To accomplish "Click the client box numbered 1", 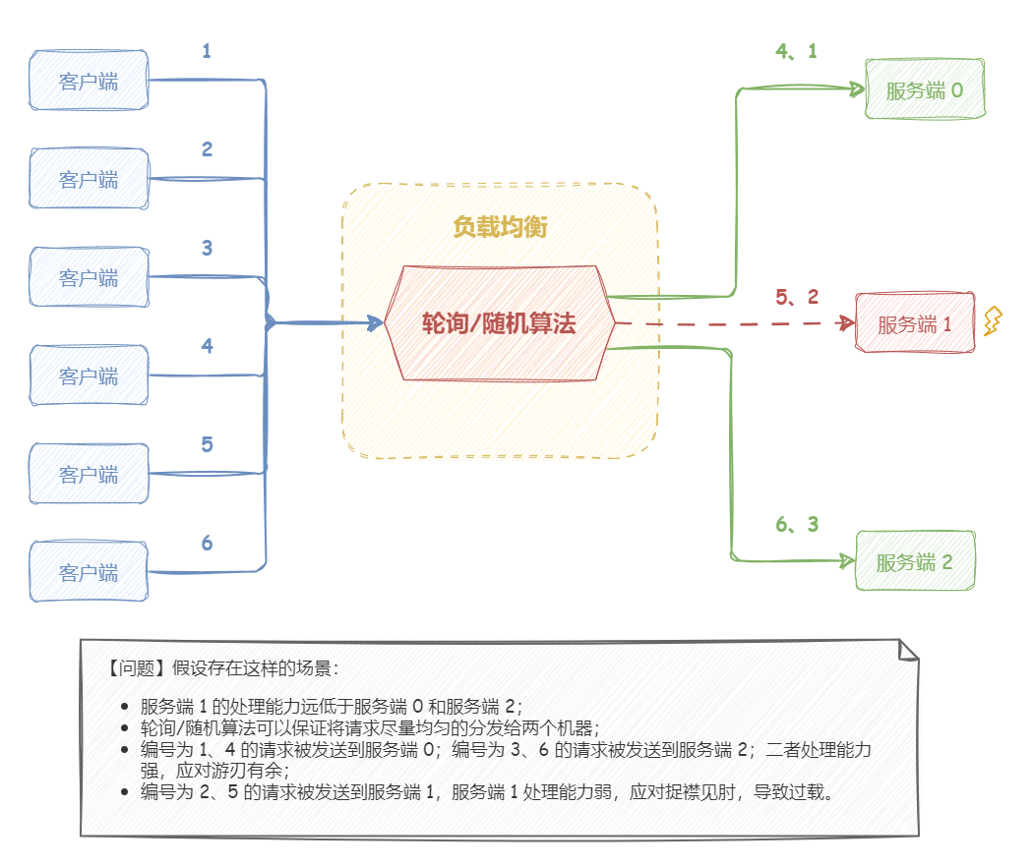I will (89, 81).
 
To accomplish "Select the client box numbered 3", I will (89, 277).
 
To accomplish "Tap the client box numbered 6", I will (89, 571).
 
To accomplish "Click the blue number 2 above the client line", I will (207, 149).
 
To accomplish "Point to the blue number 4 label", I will (207, 346).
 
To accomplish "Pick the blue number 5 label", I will (207, 444).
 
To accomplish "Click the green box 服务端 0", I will (924, 90).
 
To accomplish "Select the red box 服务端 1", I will (914, 323).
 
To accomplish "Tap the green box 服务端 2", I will (914, 562).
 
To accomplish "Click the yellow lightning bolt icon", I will (993, 321).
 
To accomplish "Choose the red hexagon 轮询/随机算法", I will (499, 323).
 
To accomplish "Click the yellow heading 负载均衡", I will (500, 228).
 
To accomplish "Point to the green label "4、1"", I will (796, 51).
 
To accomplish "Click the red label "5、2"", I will (796, 297).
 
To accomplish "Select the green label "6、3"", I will (796, 525).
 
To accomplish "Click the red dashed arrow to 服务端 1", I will (728, 322).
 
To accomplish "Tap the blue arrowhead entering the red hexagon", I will (374, 322).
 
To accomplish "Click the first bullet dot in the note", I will (124, 707).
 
